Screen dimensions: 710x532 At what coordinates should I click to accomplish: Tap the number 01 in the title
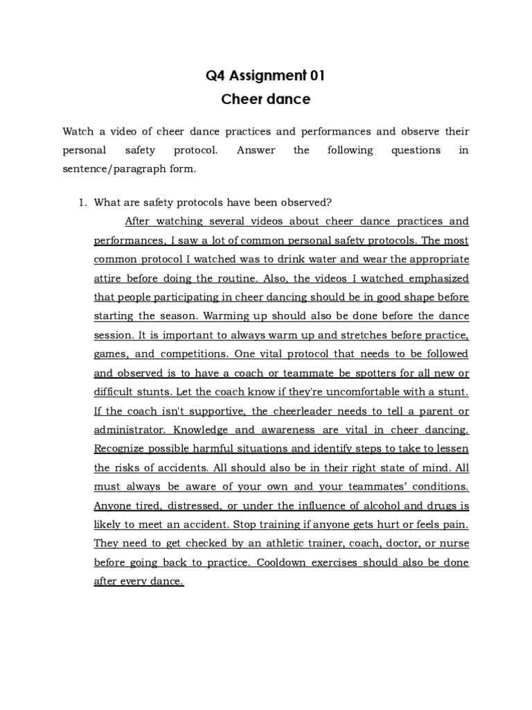coord(314,76)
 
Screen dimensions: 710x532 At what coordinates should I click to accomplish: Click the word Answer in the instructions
coord(256,150)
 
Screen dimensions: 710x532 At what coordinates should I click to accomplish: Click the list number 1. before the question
coord(82,202)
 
